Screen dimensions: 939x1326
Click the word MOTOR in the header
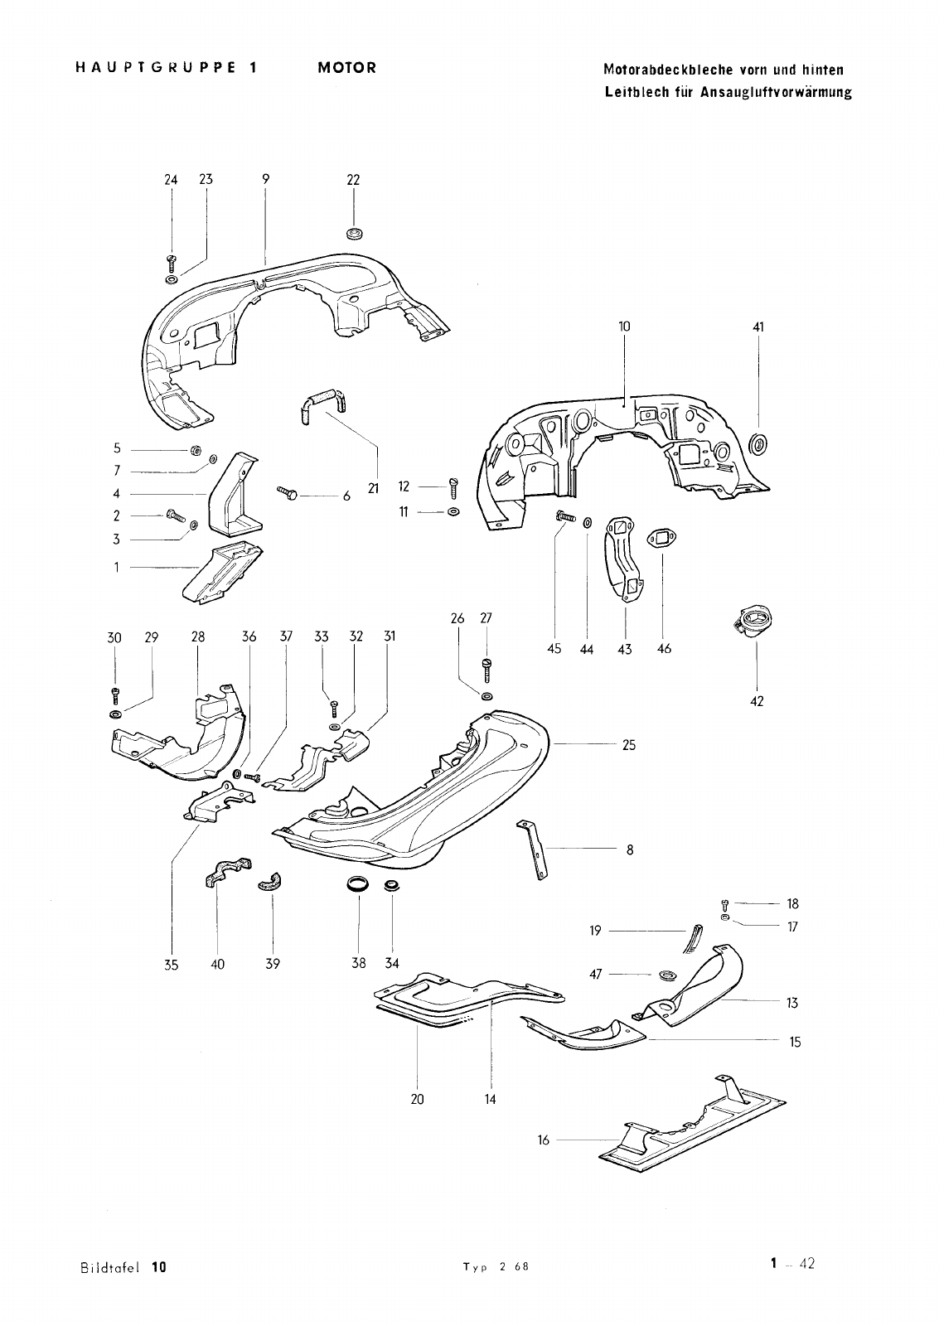pos(347,67)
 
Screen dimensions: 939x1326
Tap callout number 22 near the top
pos(353,180)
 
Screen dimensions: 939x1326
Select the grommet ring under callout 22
pos(355,233)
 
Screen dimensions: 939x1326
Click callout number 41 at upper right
pos(758,327)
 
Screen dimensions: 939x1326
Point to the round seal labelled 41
pos(757,443)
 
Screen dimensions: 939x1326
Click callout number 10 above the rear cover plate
pos(625,327)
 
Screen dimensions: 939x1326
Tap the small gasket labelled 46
pos(661,538)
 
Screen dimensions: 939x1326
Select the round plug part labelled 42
pos(753,622)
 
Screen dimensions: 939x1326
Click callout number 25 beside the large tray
pos(629,745)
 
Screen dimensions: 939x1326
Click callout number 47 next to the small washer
pos(596,975)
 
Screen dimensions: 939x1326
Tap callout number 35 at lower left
pos(171,965)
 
